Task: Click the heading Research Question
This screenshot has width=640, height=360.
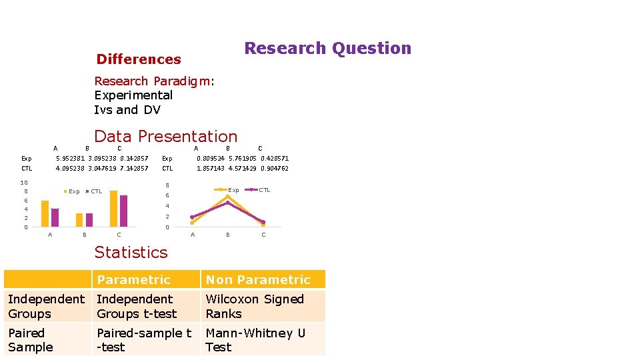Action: [327, 49]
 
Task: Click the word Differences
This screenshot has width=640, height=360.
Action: [139, 59]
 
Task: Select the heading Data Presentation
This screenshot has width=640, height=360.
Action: [166, 136]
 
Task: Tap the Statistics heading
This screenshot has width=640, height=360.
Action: [131, 252]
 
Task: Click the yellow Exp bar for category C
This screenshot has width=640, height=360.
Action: [113, 209]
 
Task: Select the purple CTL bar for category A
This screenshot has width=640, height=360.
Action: [55, 218]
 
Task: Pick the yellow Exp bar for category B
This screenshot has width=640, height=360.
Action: [79, 220]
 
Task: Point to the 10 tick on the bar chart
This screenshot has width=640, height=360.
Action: [24, 183]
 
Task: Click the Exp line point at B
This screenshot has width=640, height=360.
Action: [228, 196]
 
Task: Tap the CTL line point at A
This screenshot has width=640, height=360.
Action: [193, 217]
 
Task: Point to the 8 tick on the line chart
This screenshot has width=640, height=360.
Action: [167, 185]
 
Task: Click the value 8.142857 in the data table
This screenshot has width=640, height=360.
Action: [134, 159]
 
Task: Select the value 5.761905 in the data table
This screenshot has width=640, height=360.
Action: [243, 159]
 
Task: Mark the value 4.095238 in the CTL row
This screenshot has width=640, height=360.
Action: [70, 169]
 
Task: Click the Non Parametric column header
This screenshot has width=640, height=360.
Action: [258, 280]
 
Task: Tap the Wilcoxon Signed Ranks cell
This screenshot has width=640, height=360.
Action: [255, 307]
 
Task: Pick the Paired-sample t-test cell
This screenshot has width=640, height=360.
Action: [144, 340]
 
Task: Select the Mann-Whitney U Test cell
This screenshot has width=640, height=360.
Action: [255, 340]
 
